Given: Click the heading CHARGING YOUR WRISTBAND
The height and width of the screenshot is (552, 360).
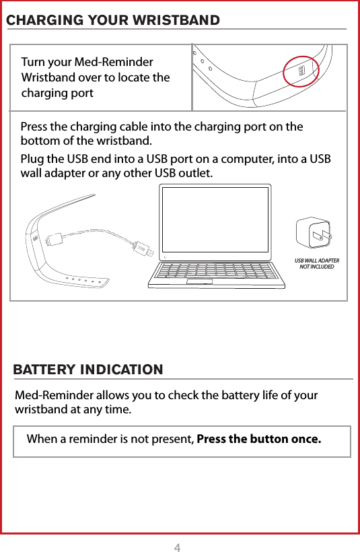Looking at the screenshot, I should pyautogui.click(x=112, y=20).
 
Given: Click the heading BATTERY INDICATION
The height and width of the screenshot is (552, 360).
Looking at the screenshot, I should pyautogui.click(x=88, y=370).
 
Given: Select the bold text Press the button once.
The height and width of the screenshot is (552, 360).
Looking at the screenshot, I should pyautogui.click(x=258, y=440).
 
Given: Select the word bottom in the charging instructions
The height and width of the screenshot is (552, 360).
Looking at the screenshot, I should pyautogui.click(x=38, y=141).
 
